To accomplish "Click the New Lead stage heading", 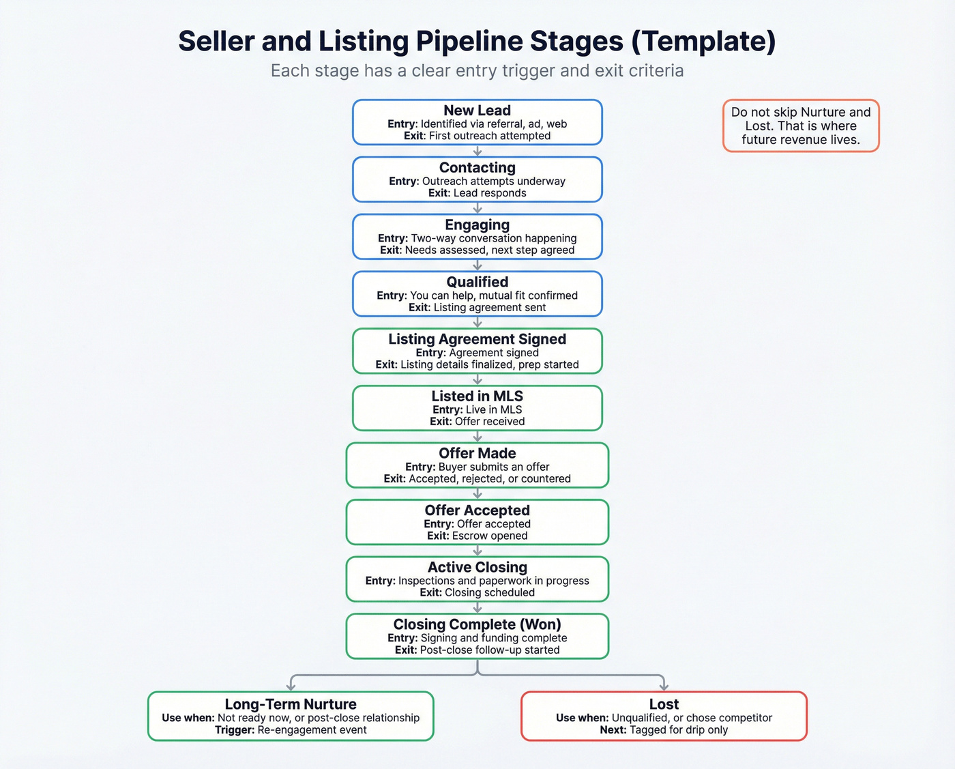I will pos(477,111).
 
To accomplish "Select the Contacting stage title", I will pos(477,168).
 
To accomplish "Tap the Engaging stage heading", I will pos(477,225).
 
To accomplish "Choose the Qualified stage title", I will pos(477,282).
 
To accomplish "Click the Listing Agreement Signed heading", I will pos(477,339).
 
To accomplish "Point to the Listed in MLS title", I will pos(477,396).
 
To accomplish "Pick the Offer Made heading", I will pos(477,454).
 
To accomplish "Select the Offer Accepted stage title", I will pos(477,510).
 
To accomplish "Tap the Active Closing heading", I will pos(477,568).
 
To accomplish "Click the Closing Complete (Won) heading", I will pos(477,624).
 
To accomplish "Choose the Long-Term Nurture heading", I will pos(291,704).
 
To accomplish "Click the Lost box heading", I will pos(664,704).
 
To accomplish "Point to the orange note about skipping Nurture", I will pos(801,126).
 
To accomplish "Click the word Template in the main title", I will pos(703,42).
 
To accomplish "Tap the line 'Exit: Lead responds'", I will pos(477,193).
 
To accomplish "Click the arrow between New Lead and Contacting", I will pos(477,151).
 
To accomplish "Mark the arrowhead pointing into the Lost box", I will pos(664,686).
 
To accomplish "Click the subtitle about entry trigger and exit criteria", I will pos(477,71).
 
